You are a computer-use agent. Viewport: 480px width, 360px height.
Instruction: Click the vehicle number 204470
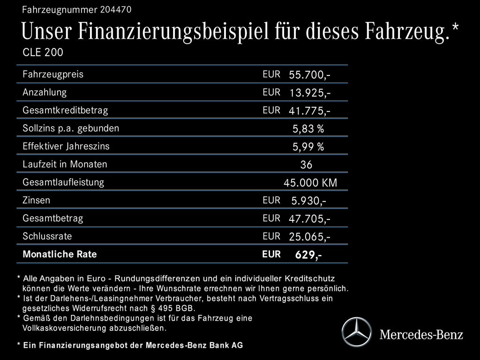click(x=115, y=9)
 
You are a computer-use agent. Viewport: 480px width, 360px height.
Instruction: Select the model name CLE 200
click(x=43, y=52)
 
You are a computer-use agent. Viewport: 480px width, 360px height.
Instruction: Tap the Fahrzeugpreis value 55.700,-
click(x=309, y=75)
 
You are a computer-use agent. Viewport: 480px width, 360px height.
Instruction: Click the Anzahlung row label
click(x=45, y=92)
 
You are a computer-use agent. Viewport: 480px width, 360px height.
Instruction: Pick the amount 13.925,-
click(x=309, y=93)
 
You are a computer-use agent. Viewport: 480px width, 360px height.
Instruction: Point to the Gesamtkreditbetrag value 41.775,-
click(x=309, y=111)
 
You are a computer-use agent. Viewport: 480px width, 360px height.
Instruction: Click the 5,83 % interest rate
click(x=308, y=129)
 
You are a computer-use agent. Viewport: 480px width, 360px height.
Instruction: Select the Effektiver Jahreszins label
click(x=66, y=146)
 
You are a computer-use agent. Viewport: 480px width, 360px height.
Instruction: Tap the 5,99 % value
click(x=308, y=147)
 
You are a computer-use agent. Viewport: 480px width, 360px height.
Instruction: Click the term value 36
click(x=306, y=165)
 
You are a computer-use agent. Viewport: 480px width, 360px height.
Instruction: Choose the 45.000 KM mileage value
click(x=310, y=183)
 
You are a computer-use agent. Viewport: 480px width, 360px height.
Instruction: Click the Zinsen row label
click(x=36, y=200)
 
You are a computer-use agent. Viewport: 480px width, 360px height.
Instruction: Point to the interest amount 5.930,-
click(x=308, y=201)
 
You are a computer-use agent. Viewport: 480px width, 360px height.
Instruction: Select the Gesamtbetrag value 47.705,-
click(x=309, y=219)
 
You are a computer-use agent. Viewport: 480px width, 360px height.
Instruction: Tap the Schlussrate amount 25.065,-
click(x=309, y=237)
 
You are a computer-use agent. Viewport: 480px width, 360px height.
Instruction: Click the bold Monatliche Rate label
click(x=60, y=255)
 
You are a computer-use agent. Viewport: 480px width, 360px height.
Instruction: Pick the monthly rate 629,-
click(x=308, y=255)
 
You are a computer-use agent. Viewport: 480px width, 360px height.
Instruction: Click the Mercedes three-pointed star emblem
click(x=356, y=332)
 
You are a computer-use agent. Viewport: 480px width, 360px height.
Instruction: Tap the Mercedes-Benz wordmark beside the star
click(x=421, y=335)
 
